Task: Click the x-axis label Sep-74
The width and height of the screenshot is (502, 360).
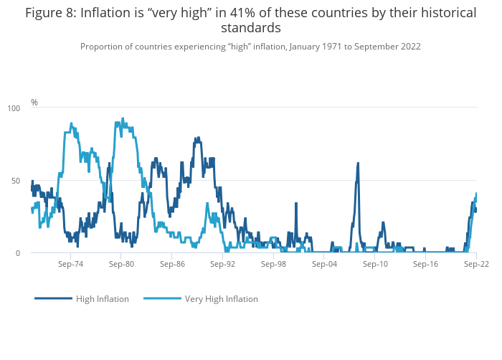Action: pyautogui.click(x=71, y=264)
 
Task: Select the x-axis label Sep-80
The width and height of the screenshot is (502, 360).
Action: pyautogui.click(x=121, y=264)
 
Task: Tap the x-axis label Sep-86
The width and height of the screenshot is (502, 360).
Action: pyautogui.click(x=172, y=264)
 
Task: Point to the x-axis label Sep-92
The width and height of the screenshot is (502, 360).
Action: pyautogui.click(x=223, y=264)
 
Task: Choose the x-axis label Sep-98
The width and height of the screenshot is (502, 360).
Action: pyautogui.click(x=274, y=264)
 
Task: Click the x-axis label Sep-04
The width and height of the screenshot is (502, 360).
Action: pyautogui.click(x=324, y=264)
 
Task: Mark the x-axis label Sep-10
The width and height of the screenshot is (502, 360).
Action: pyautogui.click(x=375, y=264)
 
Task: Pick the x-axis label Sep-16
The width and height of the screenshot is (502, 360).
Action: pyautogui.click(x=426, y=264)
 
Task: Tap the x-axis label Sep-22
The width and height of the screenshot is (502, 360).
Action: pyautogui.click(x=476, y=264)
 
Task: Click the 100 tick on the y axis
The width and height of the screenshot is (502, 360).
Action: pyautogui.click(x=14, y=108)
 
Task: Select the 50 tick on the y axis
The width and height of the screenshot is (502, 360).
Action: pyautogui.click(x=16, y=181)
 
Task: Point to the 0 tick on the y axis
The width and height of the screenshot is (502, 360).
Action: pyautogui.click(x=18, y=253)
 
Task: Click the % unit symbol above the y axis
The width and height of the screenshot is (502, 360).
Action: pyautogui.click(x=34, y=103)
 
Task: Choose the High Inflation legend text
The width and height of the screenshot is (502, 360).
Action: pyautogui.click(x=103, y=299)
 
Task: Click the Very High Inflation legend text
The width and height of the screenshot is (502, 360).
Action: pyautogui.click(x=221, y=299)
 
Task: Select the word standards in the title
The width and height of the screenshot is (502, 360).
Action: pyautogui.click(x=250, y=28)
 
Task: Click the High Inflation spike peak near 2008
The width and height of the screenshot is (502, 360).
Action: pyautogui.click(x=357, y=164)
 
